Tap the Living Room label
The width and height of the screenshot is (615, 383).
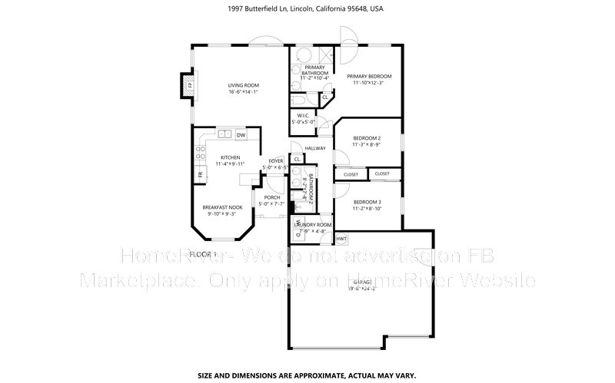click(243, 88)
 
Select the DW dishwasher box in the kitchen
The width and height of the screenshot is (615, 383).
click(241, 135)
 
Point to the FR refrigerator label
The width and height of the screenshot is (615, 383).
click(201, 173)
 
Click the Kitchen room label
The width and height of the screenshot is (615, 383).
click(231, 160)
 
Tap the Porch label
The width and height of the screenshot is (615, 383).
click(272, 200)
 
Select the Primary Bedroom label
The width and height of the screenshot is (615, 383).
click(369, 80)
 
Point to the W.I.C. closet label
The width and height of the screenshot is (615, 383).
click(303, 118)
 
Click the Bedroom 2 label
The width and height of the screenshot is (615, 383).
click(367, 140)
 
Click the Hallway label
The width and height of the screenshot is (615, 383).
click(315, 148)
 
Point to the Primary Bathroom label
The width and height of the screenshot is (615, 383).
click(314, 72)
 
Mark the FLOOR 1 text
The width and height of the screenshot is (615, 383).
click(204, 253)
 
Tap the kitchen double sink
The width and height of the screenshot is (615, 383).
click(225, 134)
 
